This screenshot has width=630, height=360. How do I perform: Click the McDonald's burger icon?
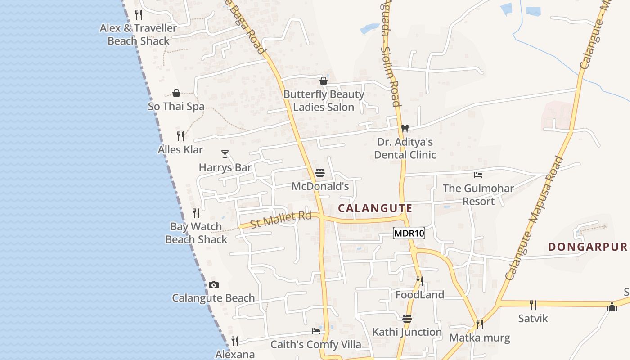320,173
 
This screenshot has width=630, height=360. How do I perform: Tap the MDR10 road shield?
409,233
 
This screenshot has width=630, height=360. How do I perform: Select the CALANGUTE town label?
375,208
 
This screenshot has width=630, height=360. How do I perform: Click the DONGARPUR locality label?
588,247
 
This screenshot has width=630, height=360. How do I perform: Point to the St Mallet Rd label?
281,220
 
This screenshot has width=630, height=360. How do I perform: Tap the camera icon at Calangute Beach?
214,285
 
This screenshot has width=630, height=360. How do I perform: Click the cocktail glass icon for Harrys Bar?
225,154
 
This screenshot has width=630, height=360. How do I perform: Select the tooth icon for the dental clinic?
405,128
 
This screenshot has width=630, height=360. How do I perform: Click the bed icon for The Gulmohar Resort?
478,175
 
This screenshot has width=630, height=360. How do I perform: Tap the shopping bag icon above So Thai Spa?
176,93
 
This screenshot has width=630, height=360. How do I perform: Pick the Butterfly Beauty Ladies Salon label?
324,101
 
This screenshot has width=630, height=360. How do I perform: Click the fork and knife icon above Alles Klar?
180,136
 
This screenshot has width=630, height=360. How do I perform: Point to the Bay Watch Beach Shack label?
196,233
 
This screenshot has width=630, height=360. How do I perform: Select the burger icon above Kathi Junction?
407,319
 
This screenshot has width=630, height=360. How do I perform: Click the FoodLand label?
420,295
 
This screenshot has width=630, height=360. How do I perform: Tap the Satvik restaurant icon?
533,305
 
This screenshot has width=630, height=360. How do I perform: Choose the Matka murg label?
480,337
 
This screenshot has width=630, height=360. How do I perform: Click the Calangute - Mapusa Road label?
534,218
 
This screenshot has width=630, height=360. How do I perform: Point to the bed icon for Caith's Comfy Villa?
316,331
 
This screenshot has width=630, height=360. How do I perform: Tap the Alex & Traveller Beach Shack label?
139,35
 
